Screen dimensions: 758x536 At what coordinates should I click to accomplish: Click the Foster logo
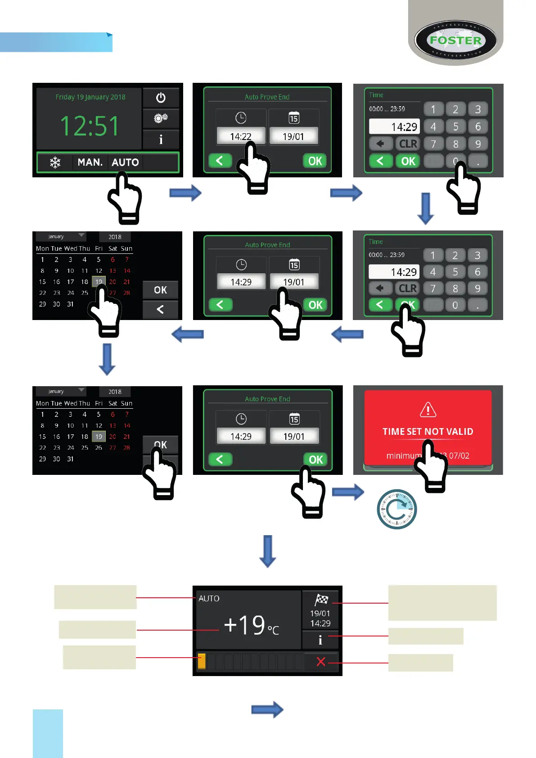455,41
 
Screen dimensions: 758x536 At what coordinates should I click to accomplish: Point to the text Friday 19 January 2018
90,97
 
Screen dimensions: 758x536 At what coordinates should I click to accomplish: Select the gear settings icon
161,118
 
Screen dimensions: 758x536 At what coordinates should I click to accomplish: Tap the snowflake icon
55,162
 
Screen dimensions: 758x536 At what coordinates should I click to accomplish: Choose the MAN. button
90,162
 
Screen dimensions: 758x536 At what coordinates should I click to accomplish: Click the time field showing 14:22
241,136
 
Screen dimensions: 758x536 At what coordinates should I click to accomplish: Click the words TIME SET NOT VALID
428,432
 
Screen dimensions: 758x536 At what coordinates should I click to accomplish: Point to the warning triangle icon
428,410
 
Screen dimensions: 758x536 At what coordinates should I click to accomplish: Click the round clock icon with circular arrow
396,509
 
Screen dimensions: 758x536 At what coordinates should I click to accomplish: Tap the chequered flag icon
321,600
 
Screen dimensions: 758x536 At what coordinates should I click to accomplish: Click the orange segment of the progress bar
202,661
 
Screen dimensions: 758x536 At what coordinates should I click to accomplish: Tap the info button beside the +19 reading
320,640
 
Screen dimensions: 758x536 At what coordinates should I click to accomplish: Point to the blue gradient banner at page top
56,42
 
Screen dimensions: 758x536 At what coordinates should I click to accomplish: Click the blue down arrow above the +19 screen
268,550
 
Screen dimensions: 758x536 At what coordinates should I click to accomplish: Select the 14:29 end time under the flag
320,623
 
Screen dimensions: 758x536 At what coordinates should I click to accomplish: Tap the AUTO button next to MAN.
125,162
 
